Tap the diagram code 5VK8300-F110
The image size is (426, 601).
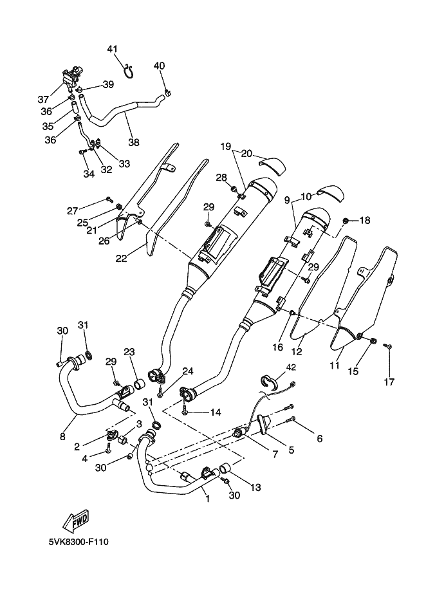(x=79, y=542)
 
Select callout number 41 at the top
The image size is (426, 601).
(x=112, y=49)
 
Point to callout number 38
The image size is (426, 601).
(x=134, y=142)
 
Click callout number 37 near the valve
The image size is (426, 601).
(x=43, y=99)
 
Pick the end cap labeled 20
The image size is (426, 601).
(x=272, y=164)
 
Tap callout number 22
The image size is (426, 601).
(x=121, y=259)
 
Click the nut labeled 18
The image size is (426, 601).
(x=345, y=220)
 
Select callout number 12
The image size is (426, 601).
(x=297, y=351)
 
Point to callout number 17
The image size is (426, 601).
(x=389, y=382)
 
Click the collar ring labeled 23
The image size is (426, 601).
(x=138, y=384)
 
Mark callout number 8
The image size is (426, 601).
(x=62, y=436)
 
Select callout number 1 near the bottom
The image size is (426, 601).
(x=207, y=499)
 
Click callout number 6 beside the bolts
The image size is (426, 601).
(x=319, y=438)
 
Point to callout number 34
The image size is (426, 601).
(x=89, y=174)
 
